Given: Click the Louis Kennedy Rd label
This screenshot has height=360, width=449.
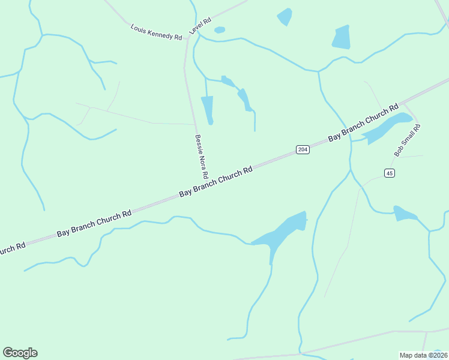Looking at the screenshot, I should pos(156,32).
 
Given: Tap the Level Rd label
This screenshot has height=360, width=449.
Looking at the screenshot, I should pos(200,26).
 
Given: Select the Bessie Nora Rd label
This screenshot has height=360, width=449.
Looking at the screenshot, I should pos(200,157).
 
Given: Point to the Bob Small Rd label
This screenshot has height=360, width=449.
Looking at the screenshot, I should pos(408,140).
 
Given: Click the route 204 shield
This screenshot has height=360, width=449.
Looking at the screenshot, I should pos(303,149).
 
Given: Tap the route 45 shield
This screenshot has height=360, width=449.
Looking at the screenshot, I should pos(390,173).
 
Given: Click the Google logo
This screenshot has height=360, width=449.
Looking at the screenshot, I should pos(20,353).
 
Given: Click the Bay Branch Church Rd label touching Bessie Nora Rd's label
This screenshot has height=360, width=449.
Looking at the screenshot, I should pos(216,181).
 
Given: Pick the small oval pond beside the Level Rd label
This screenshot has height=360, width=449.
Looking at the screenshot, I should pos(220,29).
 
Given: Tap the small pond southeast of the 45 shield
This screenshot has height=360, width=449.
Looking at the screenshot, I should pos(405,214).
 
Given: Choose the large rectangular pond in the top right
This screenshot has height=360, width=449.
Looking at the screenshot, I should pos(342,38).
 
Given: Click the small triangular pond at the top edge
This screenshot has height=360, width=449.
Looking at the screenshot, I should pos(285,17).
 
